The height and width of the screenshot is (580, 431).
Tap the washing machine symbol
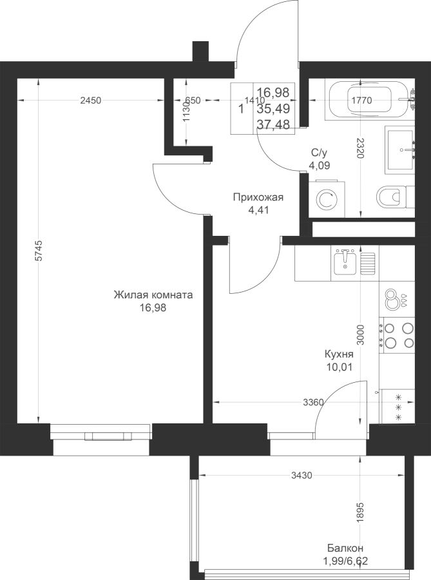click(x=327, y=199)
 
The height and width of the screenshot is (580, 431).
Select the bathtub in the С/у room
click(x=370, y=99)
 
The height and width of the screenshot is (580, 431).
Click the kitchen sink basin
click(x=345, y=262)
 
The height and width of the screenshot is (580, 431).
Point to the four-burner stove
click(x=397, y=334)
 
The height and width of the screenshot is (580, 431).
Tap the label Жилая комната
click(x=153, y=295)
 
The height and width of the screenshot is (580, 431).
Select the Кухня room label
click(x=339, y=354)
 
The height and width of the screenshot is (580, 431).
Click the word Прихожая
click(x=258, y=198)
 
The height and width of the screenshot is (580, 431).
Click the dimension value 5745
click(x=39, y=251)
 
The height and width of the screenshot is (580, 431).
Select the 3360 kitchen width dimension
click(x=313, y=402)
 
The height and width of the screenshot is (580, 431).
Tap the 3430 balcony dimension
click(x=302, y=476)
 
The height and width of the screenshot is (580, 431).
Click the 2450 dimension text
click(x=91, y=101)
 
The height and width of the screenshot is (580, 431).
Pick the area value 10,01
click(x=339, y=367)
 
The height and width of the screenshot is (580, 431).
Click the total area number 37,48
click(x=273, y=125)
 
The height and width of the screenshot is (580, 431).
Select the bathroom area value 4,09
click(x=320, y=165)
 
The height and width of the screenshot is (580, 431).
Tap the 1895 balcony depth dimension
click(x=361, y=512)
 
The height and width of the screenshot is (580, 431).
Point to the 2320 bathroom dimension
click(x=361, y=148)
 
